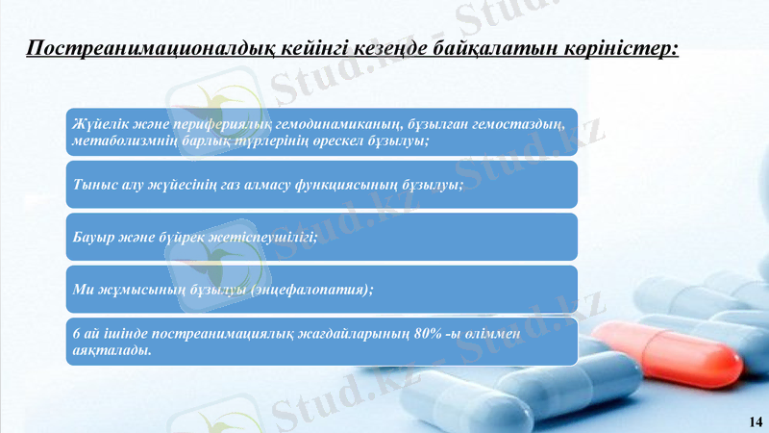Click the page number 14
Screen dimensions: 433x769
(754, 421)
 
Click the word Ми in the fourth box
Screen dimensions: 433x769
(81, 290)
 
